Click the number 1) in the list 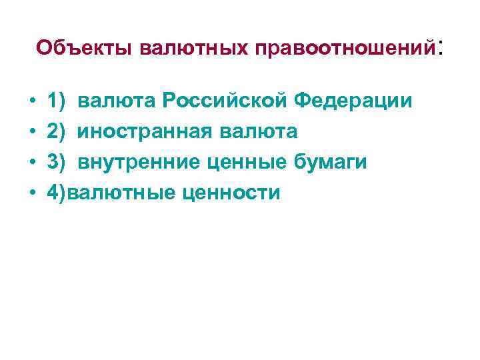coord(57,102)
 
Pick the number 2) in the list coord(57,132)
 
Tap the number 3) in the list coord(57,163)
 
